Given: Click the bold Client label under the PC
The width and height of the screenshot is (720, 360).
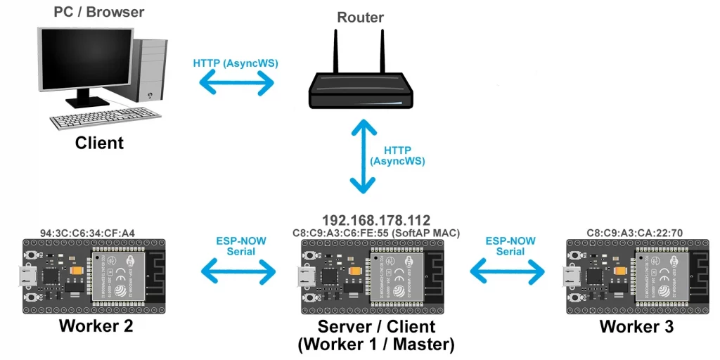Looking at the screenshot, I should click(99, 143).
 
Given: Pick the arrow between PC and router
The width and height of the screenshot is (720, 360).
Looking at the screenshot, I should click(236, 84).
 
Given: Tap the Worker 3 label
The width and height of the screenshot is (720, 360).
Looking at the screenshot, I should click(636, 326).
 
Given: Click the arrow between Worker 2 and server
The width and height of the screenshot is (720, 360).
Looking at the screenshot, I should click(239, 269).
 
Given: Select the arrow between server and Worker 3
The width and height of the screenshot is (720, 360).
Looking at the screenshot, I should click(508, 269).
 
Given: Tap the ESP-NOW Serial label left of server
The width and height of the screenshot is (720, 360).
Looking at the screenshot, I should click(241, 246).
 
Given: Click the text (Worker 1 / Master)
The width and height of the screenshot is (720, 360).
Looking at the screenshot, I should click(376, 345).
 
